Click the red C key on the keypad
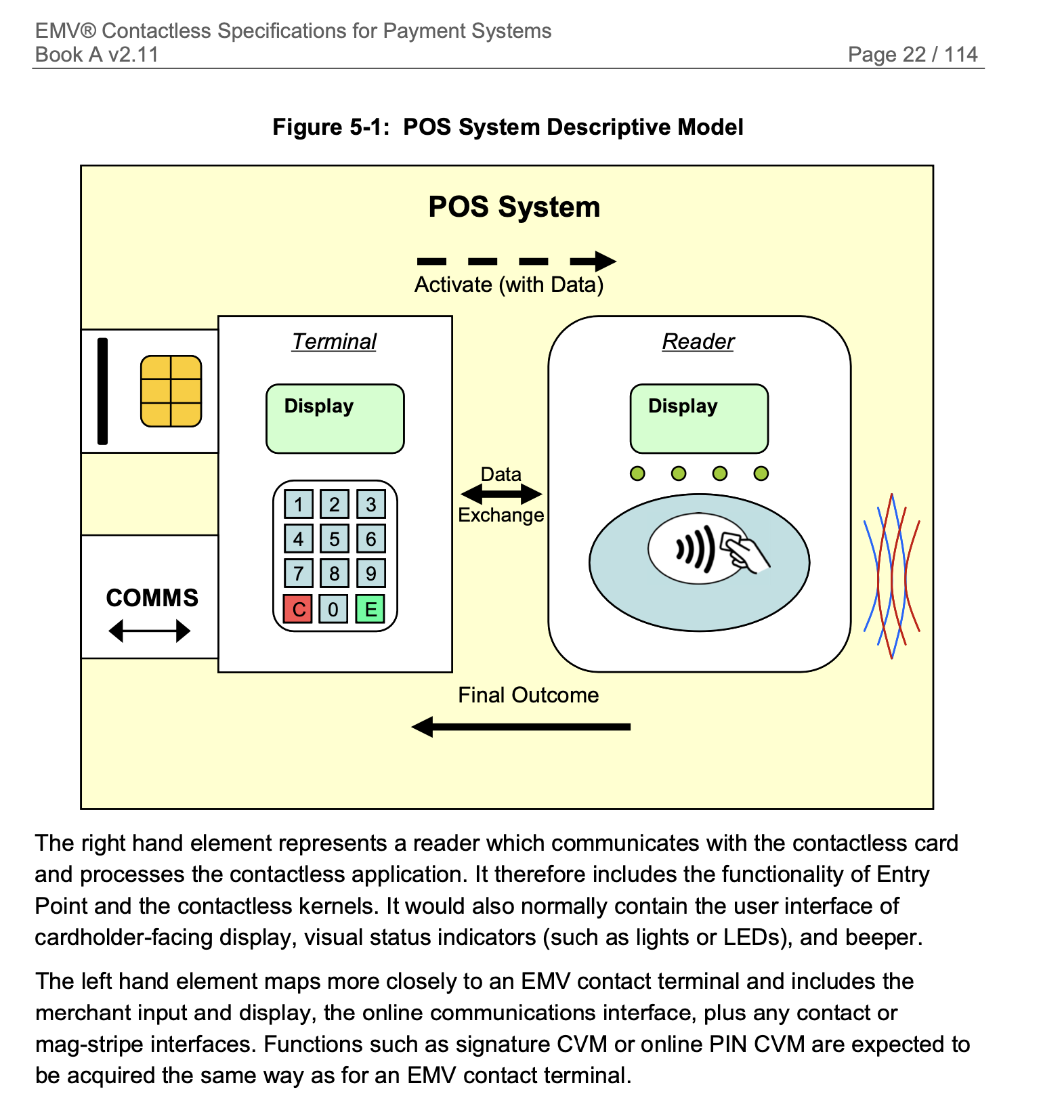(298, 608)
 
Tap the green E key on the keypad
(370, 608)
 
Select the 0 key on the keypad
(334, 608)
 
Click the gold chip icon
(171, 392)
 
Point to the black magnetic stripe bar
(103, 392)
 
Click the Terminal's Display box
(335, 419)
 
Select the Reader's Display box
(699, 419)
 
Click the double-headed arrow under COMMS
(150, 631)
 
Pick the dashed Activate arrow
(516, 261)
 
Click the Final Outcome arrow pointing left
(521, 727)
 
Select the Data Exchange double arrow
(501, 494)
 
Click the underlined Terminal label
(335, 341)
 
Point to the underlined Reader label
(698, 341)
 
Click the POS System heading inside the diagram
(514, 207)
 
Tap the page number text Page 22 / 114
(912, 54)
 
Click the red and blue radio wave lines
(892, 576)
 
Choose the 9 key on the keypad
(370, 573)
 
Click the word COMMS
(152, 597)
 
